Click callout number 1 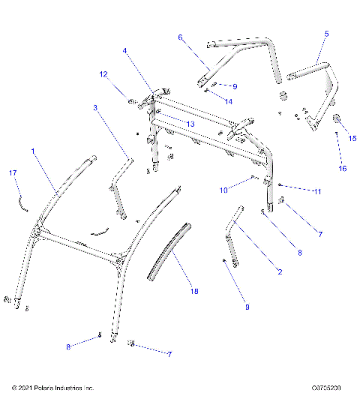(33, 151)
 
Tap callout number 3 (95, 108)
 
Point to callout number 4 (124, 51)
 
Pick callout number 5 (326, 34)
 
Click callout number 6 (180, 36)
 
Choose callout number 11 (317, 192)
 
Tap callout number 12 (103, 73)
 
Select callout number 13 (191, 124)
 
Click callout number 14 (229, 100)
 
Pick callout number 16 (342, 169)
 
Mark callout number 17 (13, 173)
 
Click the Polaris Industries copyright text (52, 388)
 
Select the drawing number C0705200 (327, 388)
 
